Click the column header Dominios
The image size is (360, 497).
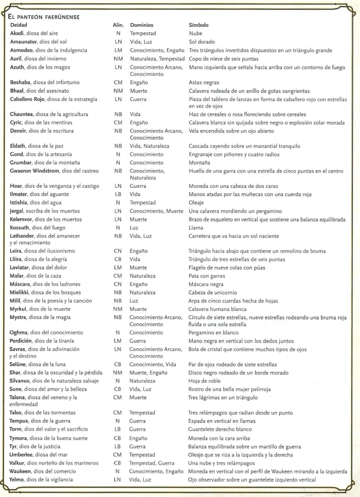pyautogui.click(x=143, y=25)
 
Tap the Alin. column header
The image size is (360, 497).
pyautogui.click(x=118, y=25)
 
